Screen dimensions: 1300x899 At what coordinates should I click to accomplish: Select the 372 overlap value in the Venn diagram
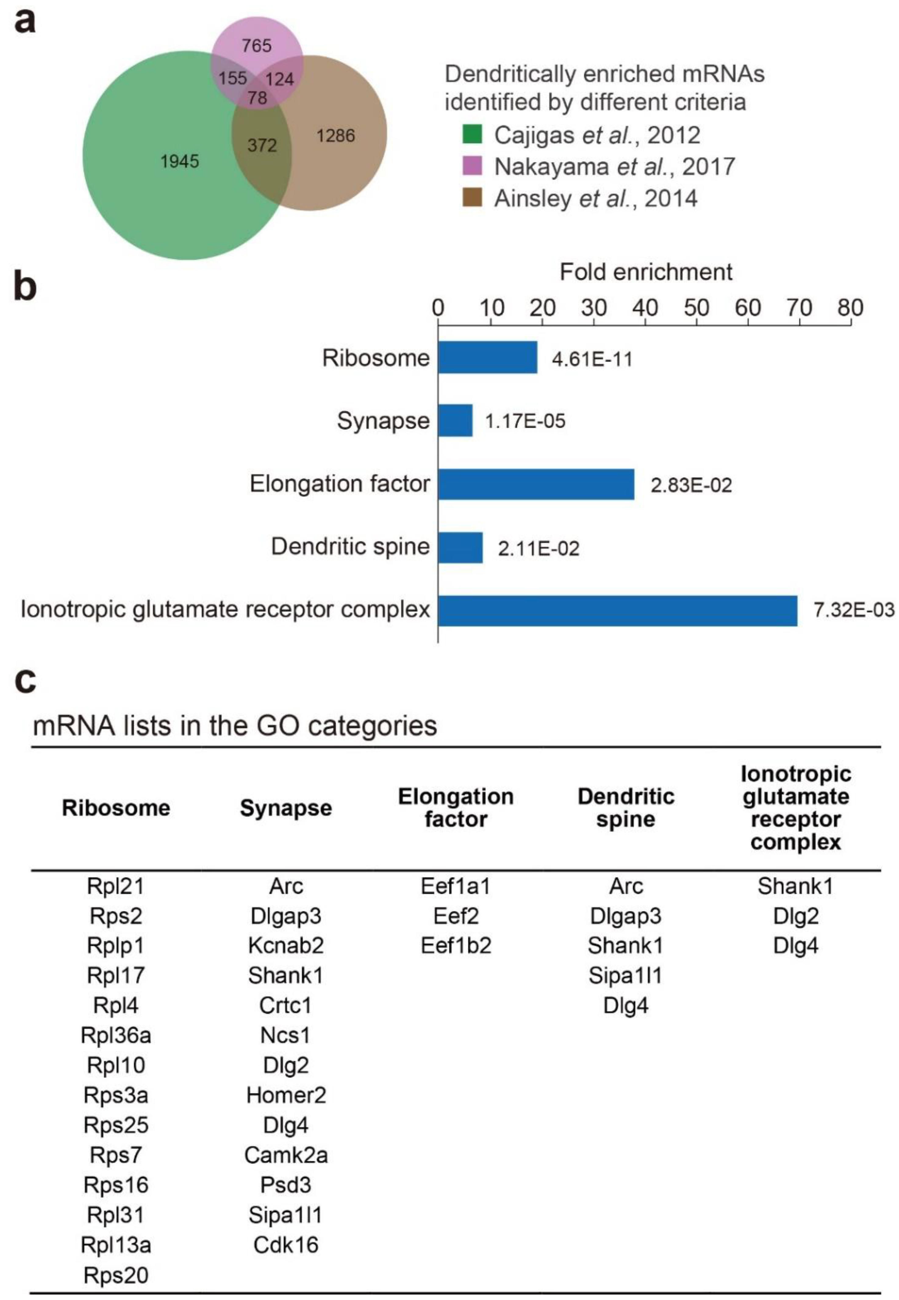pyautogui.click(x=262, y=145)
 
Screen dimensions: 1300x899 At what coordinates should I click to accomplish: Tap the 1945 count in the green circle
pyautogui.click(x=180, y=162)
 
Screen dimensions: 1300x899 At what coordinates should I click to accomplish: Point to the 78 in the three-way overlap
pyautogui.click(x=257, y=98)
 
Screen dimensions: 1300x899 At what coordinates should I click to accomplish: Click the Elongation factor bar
pyautogui.click(x=536, y=484)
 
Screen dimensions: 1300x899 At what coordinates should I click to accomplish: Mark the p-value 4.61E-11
pyautogui.click(x=592, y=359)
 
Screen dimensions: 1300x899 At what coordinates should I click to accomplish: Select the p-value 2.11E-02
pyautogui.click(x=539, y=548)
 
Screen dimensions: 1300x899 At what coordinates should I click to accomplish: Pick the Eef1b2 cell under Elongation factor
pyautogui.click(x=456, y=945)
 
